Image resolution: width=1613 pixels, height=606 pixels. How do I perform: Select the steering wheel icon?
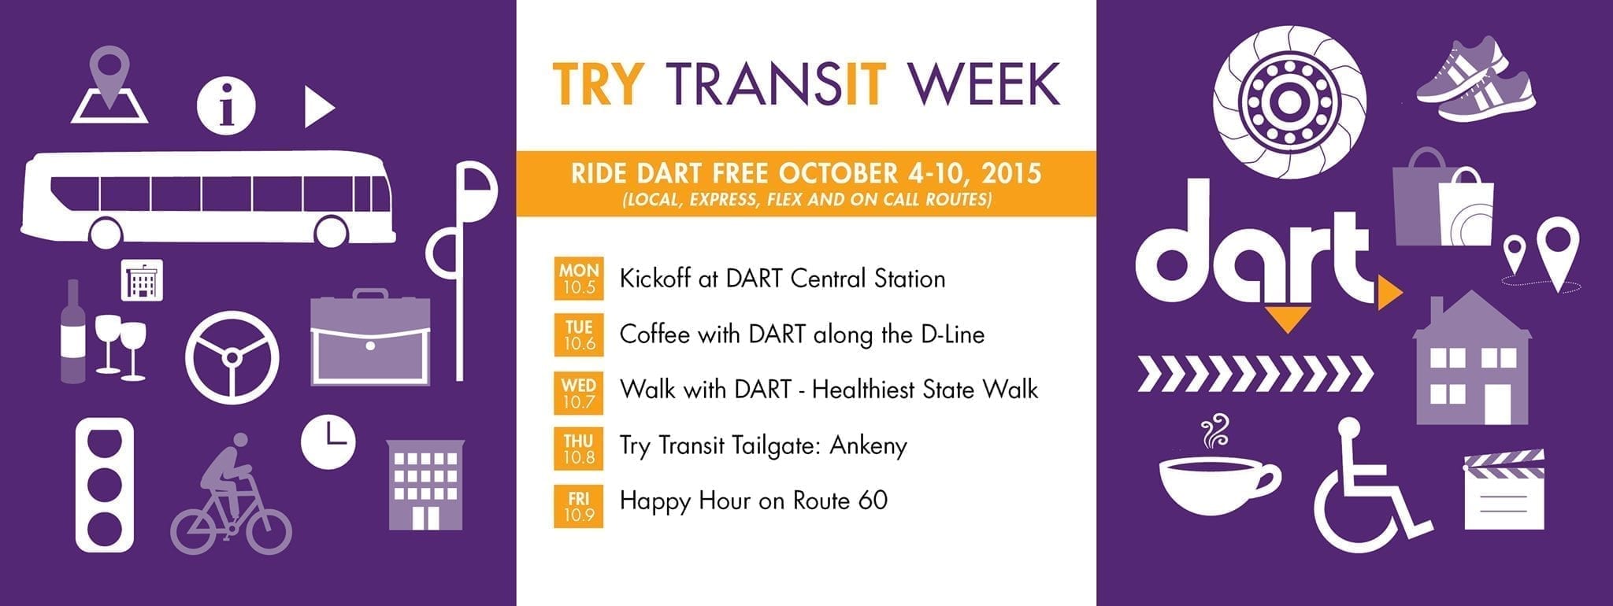[232, 358]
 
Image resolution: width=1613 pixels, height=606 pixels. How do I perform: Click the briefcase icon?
[370, 338]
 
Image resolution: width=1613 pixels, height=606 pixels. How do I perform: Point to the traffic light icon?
[105, 486]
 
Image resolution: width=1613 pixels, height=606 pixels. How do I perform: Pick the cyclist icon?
[231, 493]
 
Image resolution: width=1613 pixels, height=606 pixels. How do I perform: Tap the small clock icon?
[328, 442]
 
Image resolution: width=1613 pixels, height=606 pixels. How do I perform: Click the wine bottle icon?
[73, 331]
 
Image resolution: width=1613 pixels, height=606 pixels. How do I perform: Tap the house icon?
[1472, 360]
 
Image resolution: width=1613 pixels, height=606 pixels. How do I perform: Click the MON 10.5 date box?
[579, 279]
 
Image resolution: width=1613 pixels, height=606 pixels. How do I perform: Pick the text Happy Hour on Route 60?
[754, 501]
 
